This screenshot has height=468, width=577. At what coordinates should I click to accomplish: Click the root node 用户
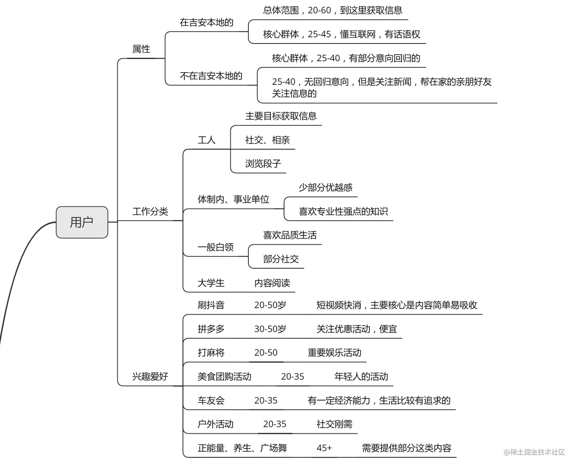point(82,222)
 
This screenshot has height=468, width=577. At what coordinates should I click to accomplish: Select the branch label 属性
point(141,49)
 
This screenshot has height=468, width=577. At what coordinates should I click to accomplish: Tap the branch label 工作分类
point(150,212)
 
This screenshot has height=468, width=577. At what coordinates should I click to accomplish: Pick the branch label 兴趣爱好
point(150,377)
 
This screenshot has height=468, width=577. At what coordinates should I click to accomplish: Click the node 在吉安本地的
point(206,23)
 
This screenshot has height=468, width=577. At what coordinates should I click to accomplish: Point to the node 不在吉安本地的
point(211,76)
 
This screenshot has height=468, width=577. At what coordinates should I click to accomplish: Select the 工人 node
point(206,140)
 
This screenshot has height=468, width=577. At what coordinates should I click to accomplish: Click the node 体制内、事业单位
point(233,199)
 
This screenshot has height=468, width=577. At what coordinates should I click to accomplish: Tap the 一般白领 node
point(216,247)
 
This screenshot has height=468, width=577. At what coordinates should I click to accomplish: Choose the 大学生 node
point(211,283)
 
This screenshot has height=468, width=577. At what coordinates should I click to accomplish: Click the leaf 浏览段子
point(263,164)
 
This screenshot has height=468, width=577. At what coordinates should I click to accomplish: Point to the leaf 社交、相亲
point(268,140)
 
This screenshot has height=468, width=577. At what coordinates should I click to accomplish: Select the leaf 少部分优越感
point(326,188)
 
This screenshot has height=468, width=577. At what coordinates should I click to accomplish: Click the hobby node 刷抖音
point(211,305)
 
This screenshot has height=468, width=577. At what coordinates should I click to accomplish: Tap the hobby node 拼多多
point(211,329)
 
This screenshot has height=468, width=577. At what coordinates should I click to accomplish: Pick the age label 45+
point(324,448)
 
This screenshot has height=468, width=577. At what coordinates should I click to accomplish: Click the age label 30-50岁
point(270,329)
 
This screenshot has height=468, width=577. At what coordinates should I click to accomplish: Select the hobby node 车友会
point(211,401)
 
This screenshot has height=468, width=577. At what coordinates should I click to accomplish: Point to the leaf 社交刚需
point(334,424)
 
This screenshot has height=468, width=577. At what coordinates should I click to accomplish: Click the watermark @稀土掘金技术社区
point(534,452)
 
